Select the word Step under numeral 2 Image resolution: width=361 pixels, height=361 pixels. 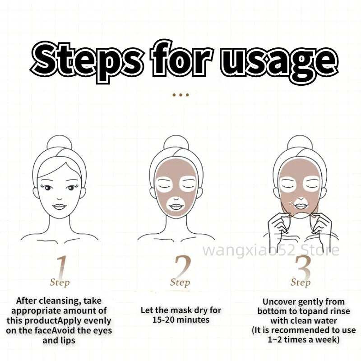(x=180, y=283)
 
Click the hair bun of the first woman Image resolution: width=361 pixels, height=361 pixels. (x=60, y=143)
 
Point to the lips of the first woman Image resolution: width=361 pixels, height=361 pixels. (x=60, y=207)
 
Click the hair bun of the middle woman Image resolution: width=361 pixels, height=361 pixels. (x=176, y=143)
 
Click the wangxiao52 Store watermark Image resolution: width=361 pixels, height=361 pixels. (x=271, y=250)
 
